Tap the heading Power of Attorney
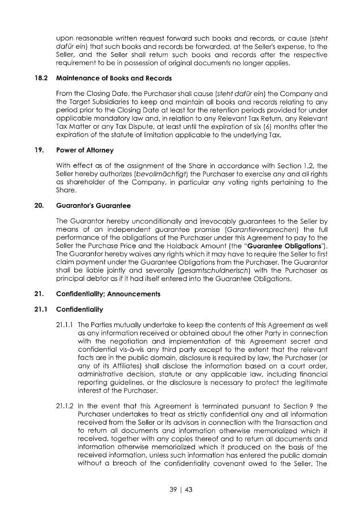click(x=85, y=150)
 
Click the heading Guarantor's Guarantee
click(x=94, y=206)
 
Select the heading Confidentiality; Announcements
click(x=108, y=294)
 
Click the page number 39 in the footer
click(x=174, y=490)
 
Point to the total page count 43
click(x=188, y=490)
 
